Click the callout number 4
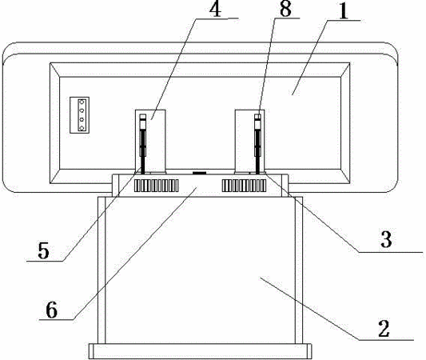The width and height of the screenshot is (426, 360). pos(216,9)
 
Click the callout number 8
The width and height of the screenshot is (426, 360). pos(285,9)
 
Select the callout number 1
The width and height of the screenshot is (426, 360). pos(344,12)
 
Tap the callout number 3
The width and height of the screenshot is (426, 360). pos(386,239)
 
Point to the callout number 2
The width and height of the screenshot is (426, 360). pos(384,329)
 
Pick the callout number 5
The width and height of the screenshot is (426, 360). pos(43,250)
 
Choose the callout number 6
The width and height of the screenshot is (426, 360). pos(52,310)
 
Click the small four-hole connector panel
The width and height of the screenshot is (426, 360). pos(80,115)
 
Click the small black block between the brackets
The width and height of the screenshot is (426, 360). pos(200,173)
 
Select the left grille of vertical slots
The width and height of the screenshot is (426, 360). pos(156,186)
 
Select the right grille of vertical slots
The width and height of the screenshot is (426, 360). pos(244,186)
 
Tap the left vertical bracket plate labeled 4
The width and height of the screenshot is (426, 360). pos(150,142)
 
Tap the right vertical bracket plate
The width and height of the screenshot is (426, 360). pos(249,142)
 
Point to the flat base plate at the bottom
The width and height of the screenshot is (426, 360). pos(201,351)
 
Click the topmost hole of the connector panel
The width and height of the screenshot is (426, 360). pos(81,102)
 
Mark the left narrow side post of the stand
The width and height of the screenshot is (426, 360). pos(102,270)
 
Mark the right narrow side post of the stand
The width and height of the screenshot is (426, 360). pos(299,270)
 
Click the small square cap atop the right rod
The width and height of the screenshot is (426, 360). pos(257,117)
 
